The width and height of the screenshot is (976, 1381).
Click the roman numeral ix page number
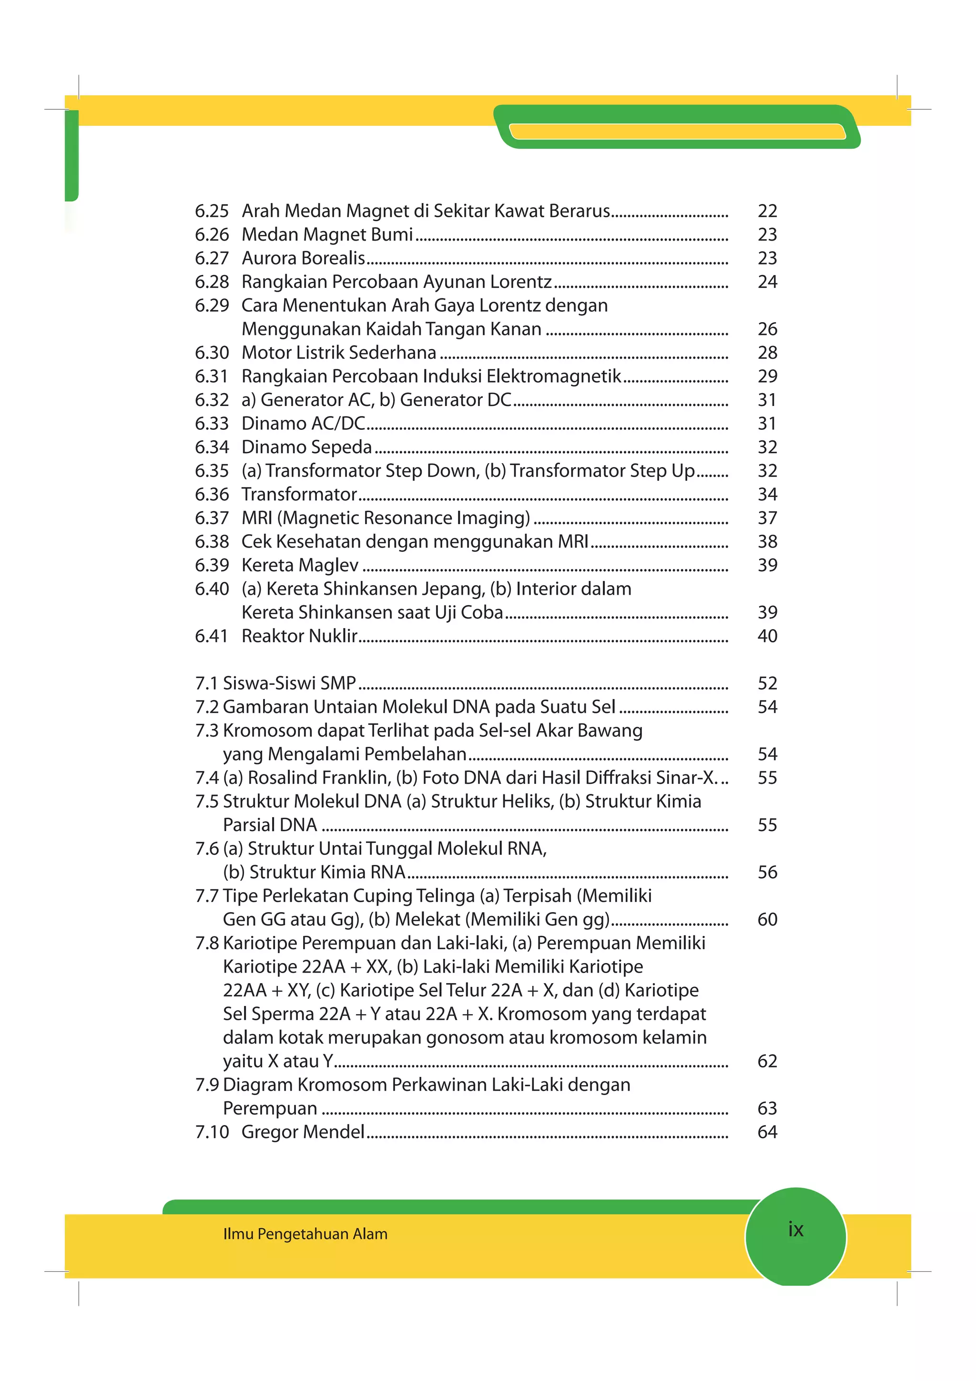coord(795,1229)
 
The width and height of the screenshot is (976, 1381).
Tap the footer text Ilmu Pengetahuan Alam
coord(305,1234)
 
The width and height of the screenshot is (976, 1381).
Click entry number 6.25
coord(212,211)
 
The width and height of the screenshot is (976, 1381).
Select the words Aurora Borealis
coord(303,258)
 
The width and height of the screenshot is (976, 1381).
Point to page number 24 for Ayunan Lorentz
coord(767,282)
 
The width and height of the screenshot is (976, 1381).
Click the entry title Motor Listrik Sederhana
coord(338,353)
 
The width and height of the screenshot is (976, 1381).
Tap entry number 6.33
coord(212,424)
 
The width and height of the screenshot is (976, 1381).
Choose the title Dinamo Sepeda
coord(307,447)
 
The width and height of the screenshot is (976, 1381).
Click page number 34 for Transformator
coord(767,495)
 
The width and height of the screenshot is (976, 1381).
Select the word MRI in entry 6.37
coord(257,518)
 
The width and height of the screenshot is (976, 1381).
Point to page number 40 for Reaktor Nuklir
coord(767,636)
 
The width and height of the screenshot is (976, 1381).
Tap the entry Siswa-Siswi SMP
coord(289,683)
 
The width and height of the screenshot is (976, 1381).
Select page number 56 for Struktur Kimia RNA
coord(767,872)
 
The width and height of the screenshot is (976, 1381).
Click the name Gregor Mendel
coord(303,1132)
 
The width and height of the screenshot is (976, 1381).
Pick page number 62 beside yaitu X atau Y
coord(767,1061)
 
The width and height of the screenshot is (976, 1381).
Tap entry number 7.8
coord(207,943)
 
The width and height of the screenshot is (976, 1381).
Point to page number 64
coord(767,1132)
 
